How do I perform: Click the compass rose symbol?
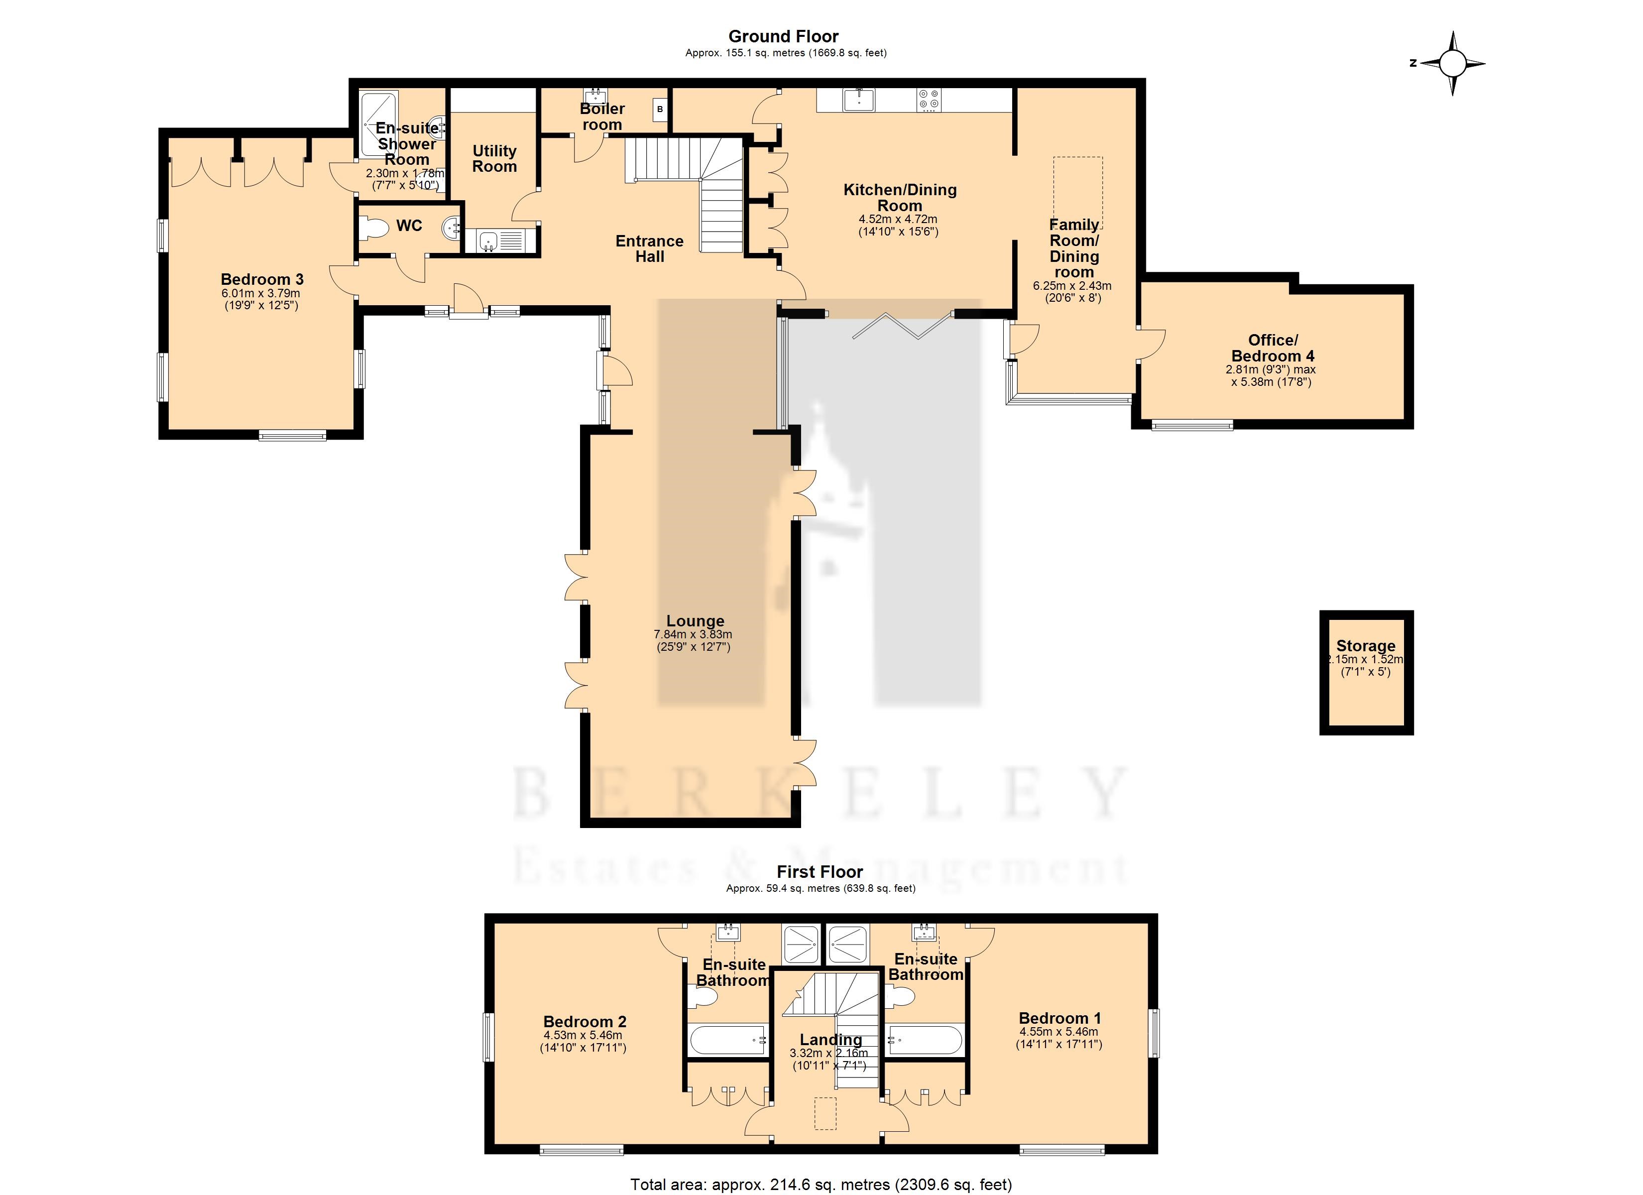click(x=1452, y=63)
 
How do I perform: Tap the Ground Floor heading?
click(x=783, y=36)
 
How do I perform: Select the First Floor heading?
click(x=820, y=872)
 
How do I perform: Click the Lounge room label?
click(x=696, y=621)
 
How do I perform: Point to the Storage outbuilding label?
click(x=1366, y=646)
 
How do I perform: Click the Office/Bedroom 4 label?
click(x=1273, y=348)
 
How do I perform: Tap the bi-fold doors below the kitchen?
click(x=903, y=325)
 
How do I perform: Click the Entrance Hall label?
click(x=650, y=248)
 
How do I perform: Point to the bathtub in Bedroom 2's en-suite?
click(x=728, y=1040)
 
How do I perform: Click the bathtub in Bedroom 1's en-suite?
click(x=926, y=1040)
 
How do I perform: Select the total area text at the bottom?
click(x=821, y=1184)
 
